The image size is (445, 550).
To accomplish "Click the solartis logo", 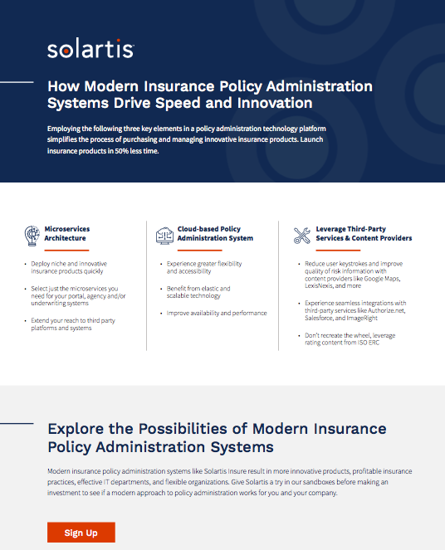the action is tap(90, 50).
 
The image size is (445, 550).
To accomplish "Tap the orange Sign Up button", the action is tap(81, 533).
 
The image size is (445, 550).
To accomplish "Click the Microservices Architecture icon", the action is tap(32, 235).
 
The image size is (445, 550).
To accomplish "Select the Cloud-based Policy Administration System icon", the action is tap(164, 235).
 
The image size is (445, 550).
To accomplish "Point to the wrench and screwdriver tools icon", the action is tap(301, 235).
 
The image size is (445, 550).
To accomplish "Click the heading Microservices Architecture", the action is tap(67, 233).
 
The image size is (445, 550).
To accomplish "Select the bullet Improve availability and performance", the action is tap(217, 313).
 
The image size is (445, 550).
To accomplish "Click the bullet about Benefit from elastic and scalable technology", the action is tap(198, 292).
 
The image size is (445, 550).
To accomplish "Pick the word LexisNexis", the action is tap(323, 286).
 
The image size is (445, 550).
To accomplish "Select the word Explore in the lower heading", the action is tap(77, 429).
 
